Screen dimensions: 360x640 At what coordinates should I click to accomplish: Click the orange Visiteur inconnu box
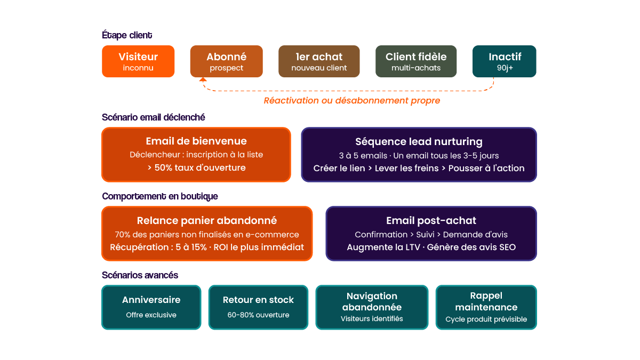[138, 61]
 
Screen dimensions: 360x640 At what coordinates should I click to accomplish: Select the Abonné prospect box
[226, 61]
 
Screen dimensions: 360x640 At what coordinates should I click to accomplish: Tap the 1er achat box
[319, 61]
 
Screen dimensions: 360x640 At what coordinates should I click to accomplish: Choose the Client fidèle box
[416, 61]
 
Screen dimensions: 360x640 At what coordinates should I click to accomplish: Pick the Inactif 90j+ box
[504, 61]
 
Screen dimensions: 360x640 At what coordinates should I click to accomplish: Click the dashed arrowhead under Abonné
[203, 80]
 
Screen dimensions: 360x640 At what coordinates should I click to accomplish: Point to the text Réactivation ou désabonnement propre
[352, 100]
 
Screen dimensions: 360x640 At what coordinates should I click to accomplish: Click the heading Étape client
[127, 35]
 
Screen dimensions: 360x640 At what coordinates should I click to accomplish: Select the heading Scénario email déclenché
[154, 117]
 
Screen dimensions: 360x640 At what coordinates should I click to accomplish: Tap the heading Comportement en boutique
[160, 196]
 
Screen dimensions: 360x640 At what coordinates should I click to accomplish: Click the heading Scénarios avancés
[140, 275]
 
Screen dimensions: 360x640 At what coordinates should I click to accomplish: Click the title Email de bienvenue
[196, 141]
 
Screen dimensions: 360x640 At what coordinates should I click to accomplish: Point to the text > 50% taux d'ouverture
[196, 167]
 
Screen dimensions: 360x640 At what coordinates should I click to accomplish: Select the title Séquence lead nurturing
[419, 141]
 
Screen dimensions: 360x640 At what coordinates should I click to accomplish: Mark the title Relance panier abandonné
[207, 220]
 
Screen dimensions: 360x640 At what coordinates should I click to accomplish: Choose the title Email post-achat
[431, 220]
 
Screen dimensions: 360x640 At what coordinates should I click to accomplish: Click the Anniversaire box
[151, 307]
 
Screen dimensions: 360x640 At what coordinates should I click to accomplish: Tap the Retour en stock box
[258, 307]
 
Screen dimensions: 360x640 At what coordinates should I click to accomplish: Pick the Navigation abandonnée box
[372, 307]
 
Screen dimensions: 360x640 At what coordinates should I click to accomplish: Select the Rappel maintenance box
[486, 307]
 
